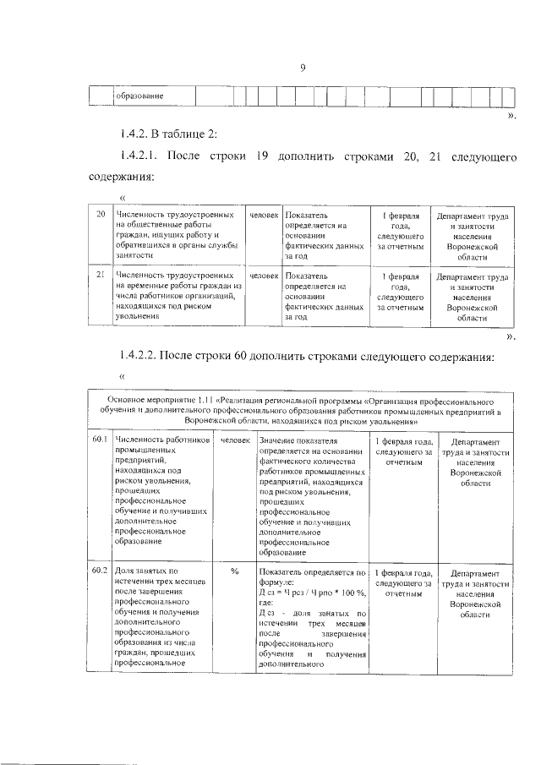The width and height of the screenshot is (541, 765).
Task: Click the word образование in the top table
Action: [x=139, y=96]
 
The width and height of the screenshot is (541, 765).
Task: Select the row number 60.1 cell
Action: [x=99, y=440]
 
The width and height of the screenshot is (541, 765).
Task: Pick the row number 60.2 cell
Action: [x=99, y=572]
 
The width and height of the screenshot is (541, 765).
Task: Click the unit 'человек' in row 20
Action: [x=264, y=216]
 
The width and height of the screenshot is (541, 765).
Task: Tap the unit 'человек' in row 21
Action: [x=264, y=276]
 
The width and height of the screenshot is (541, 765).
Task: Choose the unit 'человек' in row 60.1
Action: [x=235, y=440]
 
